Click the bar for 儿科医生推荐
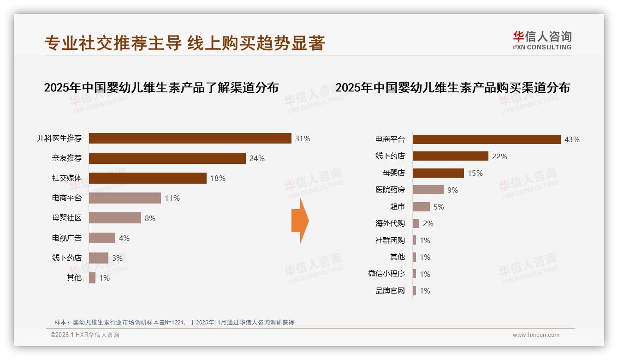coord(190,138)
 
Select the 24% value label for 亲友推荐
coord(257,158)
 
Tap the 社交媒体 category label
coord(67,178)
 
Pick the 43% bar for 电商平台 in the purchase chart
coord(487,139)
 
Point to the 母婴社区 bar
coord(115,218)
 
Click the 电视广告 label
coord(67,238)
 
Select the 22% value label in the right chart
coord(499,156)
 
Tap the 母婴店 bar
coord(438,173)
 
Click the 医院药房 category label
coord(390,190)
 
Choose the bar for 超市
coord(421,207)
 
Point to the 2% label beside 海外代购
coord(428,223)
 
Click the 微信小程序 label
coord(386,274)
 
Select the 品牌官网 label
coord(390,291)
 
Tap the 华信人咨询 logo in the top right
coord(542,40)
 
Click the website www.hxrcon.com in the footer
coord(536,335)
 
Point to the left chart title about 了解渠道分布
coord(161,87)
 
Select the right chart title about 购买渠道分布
coord(452,87)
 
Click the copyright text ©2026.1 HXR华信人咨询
coord(85,335)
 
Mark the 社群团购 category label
coord(390,240)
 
